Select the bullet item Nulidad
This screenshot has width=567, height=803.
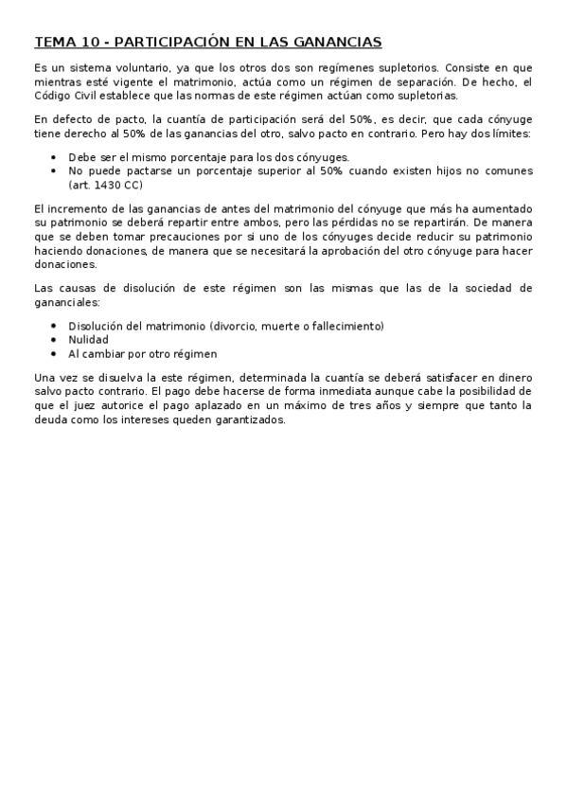[88, 339]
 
